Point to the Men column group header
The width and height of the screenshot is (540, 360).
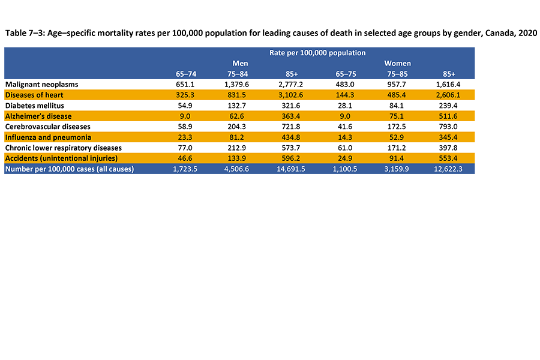coord(240,63)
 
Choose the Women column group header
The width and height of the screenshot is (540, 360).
coord(397,63)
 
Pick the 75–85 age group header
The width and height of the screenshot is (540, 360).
coord(397,74)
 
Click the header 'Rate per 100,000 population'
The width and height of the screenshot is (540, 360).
coord(317,53)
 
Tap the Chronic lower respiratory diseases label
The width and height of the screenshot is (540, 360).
coord(63,148)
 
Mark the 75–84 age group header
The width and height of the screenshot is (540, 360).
coord(240,74)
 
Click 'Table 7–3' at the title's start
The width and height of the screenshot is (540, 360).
coord(23,33)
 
